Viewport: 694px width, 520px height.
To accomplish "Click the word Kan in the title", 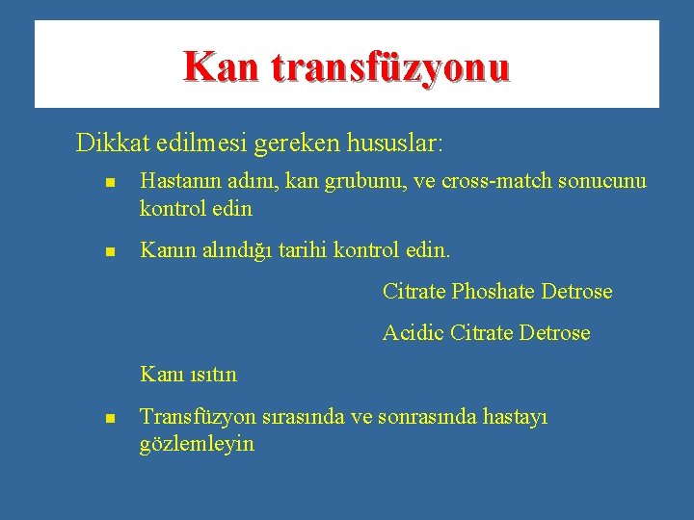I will click(222, 67).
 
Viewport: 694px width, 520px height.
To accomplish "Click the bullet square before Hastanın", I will click(111, 182).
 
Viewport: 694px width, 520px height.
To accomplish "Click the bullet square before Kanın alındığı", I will click(111, 251).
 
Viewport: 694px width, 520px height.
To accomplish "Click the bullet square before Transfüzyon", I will click(111, 419).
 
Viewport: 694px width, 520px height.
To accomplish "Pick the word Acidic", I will click(413, 333).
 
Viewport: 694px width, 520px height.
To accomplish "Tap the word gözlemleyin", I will click(197, 444).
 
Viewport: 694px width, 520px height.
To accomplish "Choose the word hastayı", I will click(514, 418).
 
